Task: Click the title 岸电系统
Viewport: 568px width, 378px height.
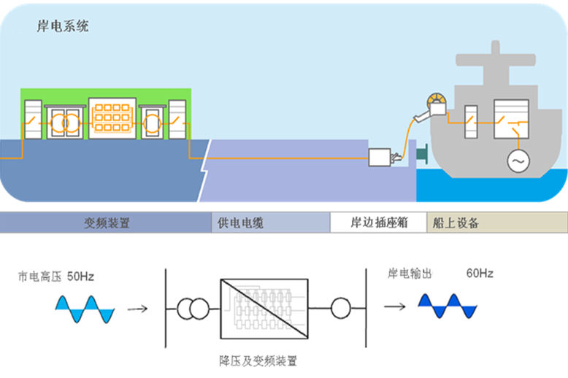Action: [63, 26]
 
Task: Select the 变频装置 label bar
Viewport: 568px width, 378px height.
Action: [106, 223]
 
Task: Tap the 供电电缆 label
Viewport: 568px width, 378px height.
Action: [240, 223]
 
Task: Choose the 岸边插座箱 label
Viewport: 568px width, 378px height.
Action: [379, 223]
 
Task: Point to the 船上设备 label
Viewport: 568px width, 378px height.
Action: [456, 223]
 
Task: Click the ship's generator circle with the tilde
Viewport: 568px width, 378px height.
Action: [518, 161]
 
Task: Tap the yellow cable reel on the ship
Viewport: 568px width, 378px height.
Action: [437, 101]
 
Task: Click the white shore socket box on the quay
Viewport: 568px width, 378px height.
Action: [380, 158]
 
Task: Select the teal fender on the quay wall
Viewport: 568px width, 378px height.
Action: [422, 154]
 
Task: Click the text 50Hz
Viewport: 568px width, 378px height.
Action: [80, 277]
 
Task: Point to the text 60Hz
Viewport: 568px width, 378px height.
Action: [480, 273]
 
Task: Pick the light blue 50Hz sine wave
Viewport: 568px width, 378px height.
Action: [85, 309]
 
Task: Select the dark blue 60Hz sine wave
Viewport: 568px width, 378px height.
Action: [448, 306]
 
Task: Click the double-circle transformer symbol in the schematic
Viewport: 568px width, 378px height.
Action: [193, 309]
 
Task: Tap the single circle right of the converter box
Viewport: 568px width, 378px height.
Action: [341, 308]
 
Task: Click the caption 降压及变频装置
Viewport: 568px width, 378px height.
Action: [258, 360]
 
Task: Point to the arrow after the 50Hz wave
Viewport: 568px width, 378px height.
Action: [138, 309]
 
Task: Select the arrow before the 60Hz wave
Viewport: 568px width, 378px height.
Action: [395, 306]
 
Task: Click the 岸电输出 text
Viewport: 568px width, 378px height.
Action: [410, 274]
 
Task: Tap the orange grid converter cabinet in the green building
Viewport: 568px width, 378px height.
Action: [112, 118]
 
